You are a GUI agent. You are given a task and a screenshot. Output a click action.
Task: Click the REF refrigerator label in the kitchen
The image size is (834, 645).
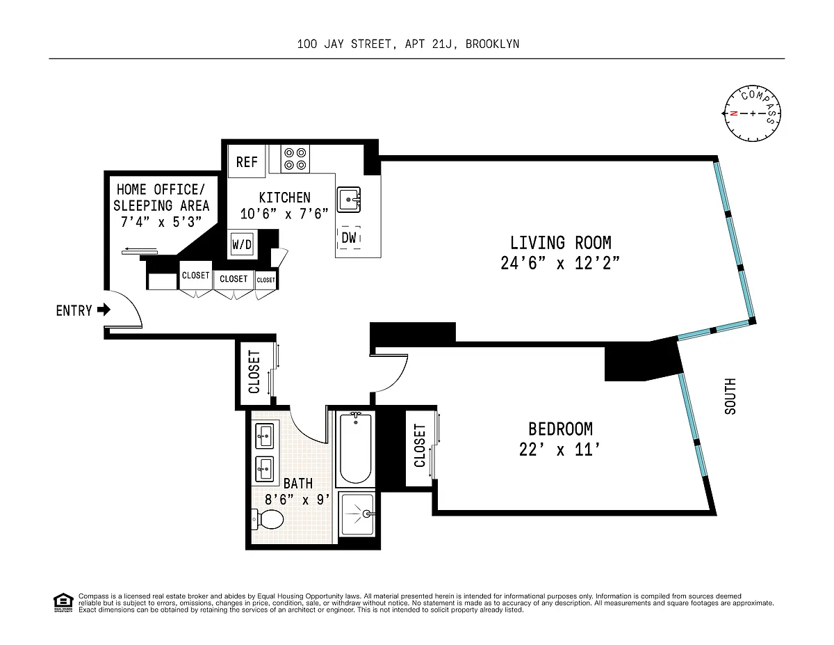247,162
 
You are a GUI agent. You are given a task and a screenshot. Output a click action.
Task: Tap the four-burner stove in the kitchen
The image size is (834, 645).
295,159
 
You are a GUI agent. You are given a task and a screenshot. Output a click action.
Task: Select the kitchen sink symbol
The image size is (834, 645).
348,200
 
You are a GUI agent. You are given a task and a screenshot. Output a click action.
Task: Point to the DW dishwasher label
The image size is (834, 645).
348,237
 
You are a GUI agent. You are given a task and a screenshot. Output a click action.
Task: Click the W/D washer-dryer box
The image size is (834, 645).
242,244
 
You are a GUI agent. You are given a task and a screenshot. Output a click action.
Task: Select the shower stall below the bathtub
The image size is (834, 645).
357,515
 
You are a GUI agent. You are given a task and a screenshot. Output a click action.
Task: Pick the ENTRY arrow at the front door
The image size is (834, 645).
104,309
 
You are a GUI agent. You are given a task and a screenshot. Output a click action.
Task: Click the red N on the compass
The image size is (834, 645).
733,113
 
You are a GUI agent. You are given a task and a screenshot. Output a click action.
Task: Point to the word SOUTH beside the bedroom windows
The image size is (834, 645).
730,396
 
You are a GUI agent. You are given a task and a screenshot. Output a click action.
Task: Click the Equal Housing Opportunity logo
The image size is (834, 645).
63,603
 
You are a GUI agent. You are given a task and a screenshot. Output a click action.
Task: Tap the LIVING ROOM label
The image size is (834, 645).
560,243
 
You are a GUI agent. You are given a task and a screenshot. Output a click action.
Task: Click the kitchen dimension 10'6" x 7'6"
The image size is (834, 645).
284,214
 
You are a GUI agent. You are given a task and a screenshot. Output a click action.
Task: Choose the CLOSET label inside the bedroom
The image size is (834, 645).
420,445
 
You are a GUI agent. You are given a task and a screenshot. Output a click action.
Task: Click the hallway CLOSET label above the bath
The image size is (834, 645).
254,372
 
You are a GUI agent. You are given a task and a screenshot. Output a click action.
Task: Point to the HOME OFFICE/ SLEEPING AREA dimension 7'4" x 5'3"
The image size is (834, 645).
161,222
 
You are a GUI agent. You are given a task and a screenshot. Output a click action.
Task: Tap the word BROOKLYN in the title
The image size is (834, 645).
493,44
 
